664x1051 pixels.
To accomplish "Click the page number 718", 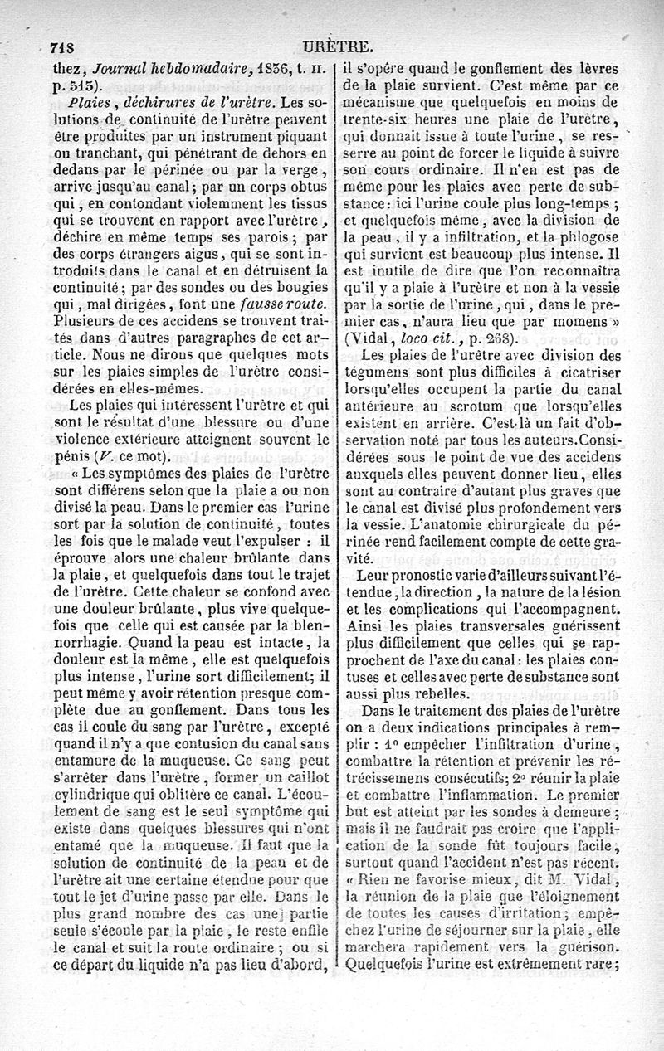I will point(66,47).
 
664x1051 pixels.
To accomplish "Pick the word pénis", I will point(69,457).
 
